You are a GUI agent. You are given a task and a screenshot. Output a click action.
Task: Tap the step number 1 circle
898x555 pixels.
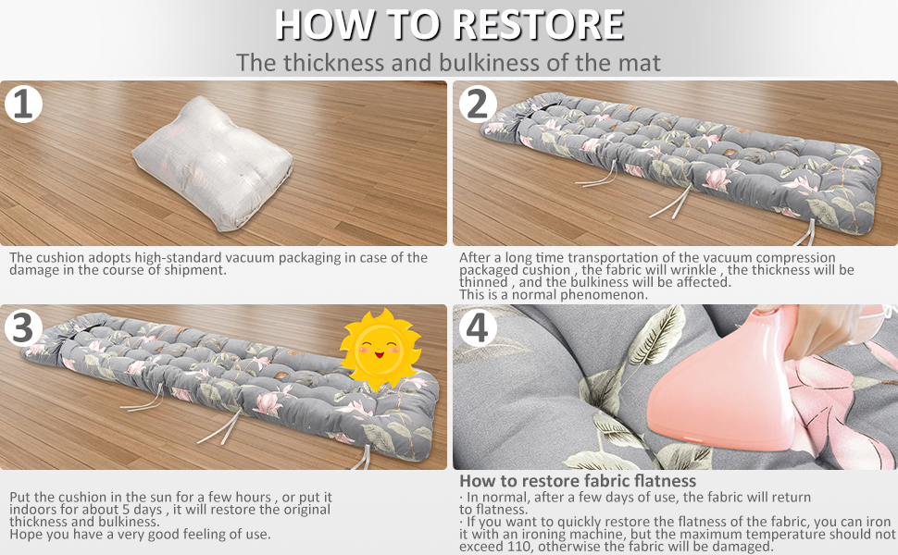click(23, 104)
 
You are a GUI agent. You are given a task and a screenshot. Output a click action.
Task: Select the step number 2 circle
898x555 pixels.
click(478, 104)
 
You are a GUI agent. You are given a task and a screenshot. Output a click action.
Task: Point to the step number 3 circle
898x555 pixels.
click(23, 327)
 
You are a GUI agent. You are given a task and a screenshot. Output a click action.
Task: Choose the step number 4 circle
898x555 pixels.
click(478, 327)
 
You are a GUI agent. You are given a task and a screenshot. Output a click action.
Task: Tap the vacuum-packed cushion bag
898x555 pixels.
click(212, 164)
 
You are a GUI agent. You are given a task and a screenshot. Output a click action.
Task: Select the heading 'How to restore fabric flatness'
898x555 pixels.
click(578, 481)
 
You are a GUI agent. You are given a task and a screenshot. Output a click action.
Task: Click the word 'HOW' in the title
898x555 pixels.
click(325, 25)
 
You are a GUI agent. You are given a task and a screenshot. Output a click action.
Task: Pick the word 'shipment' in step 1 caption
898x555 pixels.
click(194, 270)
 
